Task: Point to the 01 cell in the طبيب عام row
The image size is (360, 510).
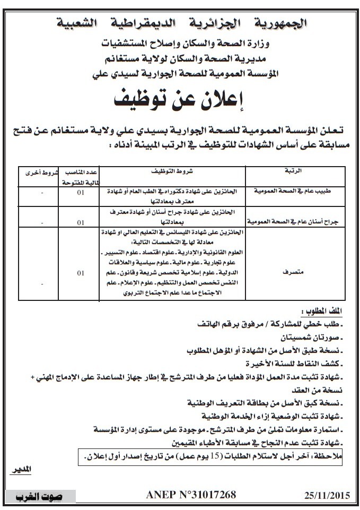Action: point(80,192)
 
